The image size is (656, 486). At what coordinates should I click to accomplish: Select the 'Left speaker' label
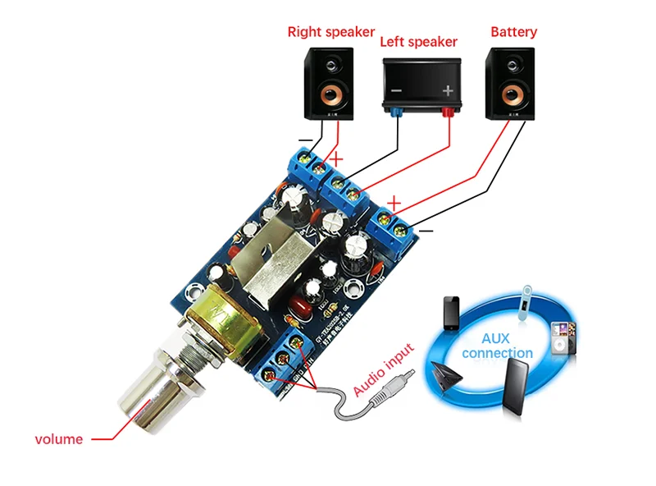(x=419, y=42)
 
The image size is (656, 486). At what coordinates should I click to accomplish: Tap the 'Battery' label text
(x=513, y=32)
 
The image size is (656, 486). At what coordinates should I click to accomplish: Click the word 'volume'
(x=59, y=439)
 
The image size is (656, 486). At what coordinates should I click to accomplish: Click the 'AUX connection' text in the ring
(x=497, y=346)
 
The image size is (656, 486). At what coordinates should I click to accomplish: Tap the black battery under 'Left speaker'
(x=421, y=86)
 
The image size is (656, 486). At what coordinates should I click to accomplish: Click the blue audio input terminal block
(x=287, y=359)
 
